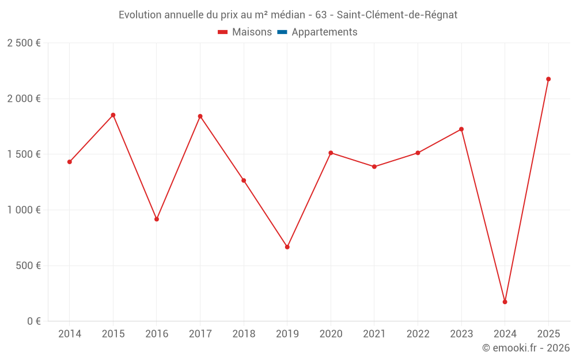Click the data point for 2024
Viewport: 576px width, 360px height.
click(x=505, y=302)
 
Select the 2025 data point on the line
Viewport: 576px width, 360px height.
click(x=548, y=79)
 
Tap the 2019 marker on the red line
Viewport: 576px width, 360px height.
click(x=287, y=247)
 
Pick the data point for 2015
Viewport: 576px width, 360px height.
click(x=113, y=115)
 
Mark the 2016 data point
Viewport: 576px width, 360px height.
click(x=157, y=219)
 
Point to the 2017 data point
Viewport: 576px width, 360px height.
click(x=200, y=116)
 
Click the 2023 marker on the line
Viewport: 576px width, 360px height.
click(x=461, y=129)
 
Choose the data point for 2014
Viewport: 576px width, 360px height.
click(x=70, y=162)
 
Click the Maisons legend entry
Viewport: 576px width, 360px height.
click(x=245, y=32)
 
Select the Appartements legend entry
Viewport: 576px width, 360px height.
click(x=317, y=32)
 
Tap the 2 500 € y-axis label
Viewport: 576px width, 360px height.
click(x=24, y=43)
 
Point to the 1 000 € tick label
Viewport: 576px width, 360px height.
click(x=24, y=210)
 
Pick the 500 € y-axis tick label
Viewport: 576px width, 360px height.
click(x=28, y=266)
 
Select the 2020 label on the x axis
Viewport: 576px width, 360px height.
click(x=331, y=334)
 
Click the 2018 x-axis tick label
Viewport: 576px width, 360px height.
click(x=244, y=334)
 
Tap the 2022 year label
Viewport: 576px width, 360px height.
click(x=418, y=334)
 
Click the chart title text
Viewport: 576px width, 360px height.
click(x=288, y=15)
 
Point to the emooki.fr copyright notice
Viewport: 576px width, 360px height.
click(x=525, y=348)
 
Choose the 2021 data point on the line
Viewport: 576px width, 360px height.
click(x=374, y=166)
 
